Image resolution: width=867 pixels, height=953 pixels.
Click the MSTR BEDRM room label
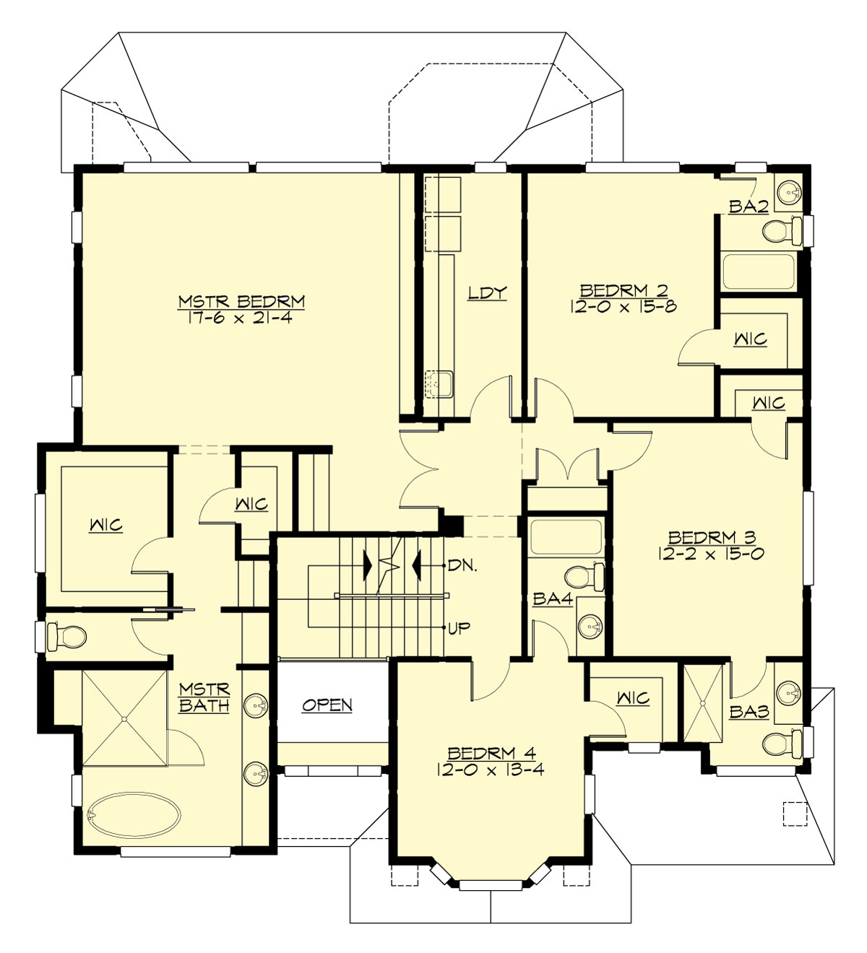pyautogui.click(x=241, y=301)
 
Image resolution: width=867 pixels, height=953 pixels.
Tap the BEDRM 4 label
pyautogui.click(x=491, y=753)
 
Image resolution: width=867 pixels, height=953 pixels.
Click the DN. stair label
pyautogui.click(x=462, y=565)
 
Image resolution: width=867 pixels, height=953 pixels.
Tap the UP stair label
pyautogui.click(x=459, y=627)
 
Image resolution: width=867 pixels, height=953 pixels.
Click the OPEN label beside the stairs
pyautogui.click(x=327, y=705)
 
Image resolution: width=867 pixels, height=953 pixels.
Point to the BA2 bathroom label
pyautogui.click(x=747, y=206)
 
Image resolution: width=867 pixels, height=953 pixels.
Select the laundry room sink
pyautogui.click(x=439, y=382)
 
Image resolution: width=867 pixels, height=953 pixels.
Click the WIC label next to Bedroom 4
pyautogui.click(x=633, y=698)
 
